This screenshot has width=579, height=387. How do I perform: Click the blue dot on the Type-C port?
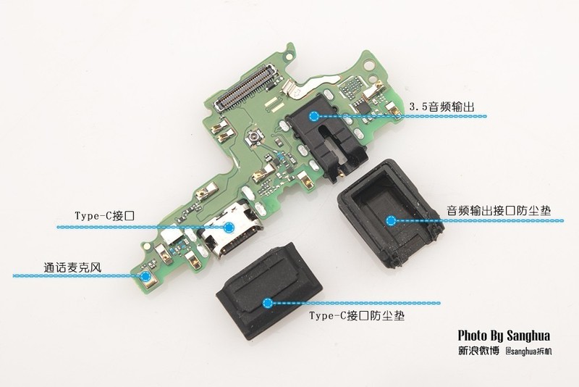(229, 228)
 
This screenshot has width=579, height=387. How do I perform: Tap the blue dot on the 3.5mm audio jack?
(314, 117)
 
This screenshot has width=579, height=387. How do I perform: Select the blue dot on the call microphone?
(145, 275)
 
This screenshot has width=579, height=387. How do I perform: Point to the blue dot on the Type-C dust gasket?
(268, 304)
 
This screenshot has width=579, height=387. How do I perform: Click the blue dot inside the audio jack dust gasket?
(391, 220)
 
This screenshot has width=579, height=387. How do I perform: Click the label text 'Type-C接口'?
(104, 216)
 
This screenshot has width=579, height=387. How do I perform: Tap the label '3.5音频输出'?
(441, 107)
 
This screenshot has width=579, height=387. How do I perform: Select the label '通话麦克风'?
(72, 267)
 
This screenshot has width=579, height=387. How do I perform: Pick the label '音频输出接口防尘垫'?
(499, 211)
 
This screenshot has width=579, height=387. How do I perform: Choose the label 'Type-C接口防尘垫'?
(357, 316)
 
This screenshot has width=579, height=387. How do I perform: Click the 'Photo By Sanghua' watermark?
(504, 336)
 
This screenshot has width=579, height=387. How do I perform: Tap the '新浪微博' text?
(479, 351)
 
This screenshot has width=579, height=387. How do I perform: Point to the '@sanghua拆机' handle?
(529, 351)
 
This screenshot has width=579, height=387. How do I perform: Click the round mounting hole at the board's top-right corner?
(369, 65)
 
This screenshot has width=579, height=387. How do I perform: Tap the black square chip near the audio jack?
(360, 107)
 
